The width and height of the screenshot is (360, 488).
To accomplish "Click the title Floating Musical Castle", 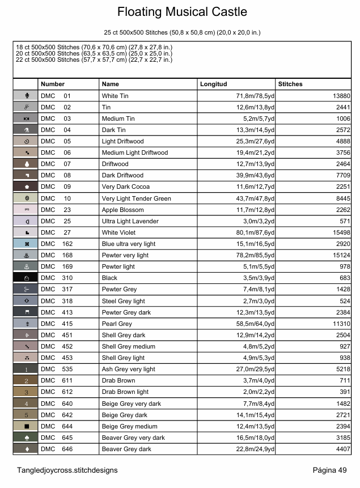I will coord(182,12).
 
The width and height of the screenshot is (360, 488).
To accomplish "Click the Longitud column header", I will coord(213,84).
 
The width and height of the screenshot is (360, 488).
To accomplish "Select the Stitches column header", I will coord(290,84).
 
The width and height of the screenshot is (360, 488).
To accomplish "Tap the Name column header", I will coord(110,84).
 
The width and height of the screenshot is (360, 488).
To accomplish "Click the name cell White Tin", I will coord(115,96).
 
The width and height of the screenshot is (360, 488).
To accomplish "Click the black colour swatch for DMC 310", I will coord(26,278).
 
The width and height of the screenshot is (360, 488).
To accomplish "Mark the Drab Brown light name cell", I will coord(125,392).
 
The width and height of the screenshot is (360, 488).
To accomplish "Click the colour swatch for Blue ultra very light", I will coord(26,244).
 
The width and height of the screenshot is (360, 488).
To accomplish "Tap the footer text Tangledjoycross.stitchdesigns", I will coord(67,470).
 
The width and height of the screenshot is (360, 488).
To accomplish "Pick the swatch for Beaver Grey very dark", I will coord(26,438).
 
